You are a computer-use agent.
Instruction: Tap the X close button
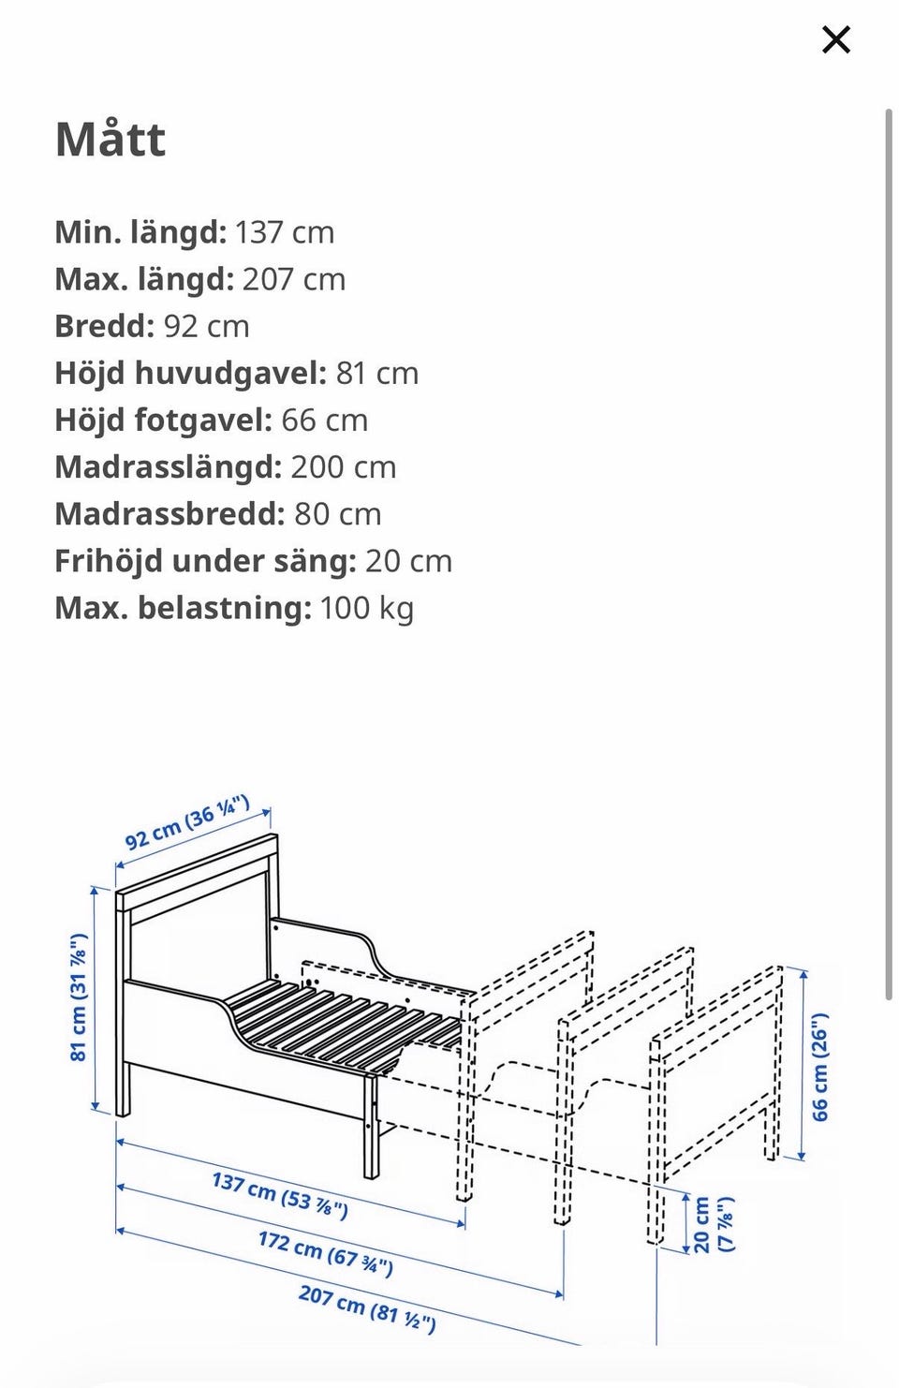[x=835, y=39]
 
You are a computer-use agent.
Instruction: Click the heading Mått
[x=111, y=140]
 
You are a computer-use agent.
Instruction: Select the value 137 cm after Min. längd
[x=284, y=232]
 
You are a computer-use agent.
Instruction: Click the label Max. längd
[x=143, y=279]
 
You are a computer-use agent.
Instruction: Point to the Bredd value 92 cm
[x=206, y=326]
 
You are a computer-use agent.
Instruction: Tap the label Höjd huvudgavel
[x=190, y=373]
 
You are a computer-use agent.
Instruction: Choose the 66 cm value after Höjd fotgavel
[x=324, y=420]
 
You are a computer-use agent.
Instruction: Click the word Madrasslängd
[x=168, y=466]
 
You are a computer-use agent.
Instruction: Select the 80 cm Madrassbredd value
[x=337, y=513]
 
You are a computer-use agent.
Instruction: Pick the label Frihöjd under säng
[x=205, y=561]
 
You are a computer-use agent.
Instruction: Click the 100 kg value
[x=366, y=608]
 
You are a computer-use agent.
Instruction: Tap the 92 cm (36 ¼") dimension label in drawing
[x=187, y=821]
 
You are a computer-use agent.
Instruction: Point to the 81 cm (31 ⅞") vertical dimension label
[x=79, y=997]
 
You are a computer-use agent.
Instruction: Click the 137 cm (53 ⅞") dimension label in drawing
[x=280, y=1195]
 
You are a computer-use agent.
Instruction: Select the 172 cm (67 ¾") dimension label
[x=325, y=1253]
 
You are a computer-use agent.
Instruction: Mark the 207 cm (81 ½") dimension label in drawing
[x=366, y=1307]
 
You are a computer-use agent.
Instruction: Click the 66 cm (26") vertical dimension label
[x=819, y=1067]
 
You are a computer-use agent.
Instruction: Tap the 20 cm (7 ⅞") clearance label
[x=712, y=1224]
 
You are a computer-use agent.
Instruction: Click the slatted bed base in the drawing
[x=337, y=1021]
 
